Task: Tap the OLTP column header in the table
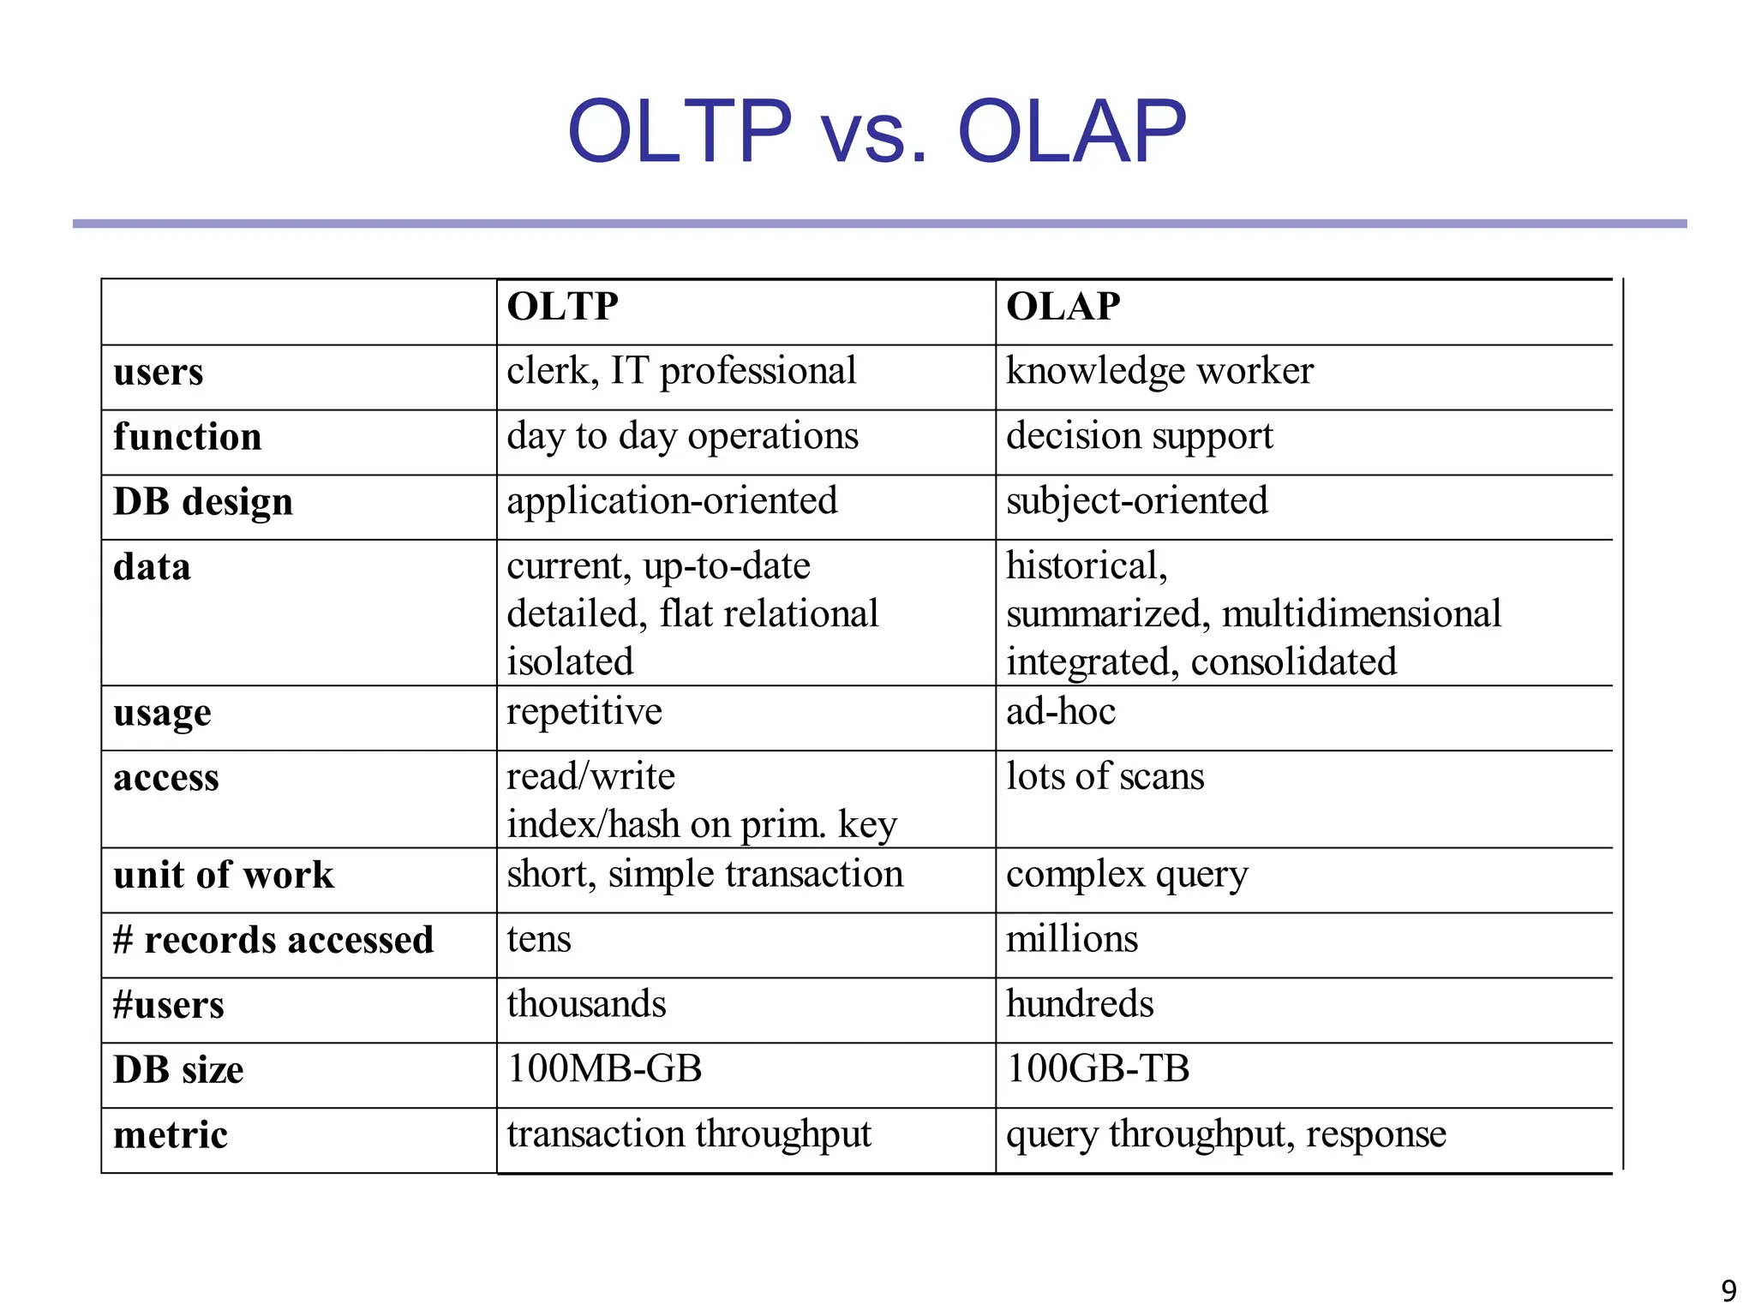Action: [x=562, y=307]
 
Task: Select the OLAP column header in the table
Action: [x=1063, y=307]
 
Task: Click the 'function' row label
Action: [x=188, y=437]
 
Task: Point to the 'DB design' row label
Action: [x=203, y=502]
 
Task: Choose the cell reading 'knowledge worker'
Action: [x=1159, y=372]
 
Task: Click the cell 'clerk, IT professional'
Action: [x=681, y=372]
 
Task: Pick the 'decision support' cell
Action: [x=1139, y=437]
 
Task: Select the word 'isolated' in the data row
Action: [x=570, y=662]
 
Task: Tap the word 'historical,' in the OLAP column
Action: [x=1087, y=566]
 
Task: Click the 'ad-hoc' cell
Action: [x=1061, y=712]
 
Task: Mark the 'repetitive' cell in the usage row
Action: [x=584, y=712]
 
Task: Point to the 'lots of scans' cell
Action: [x=1105, y=777]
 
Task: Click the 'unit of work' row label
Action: [x=224, y=876]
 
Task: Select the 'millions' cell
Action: [x=1072, y=940]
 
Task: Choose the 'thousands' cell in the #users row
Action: [x=586, y=1005]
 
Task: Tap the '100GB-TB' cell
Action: [x=1098, y=1069]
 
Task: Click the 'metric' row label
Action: [x=171, y=1135]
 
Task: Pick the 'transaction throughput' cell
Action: [x=688, y=1134]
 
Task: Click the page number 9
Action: [x=1728, y=1290]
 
